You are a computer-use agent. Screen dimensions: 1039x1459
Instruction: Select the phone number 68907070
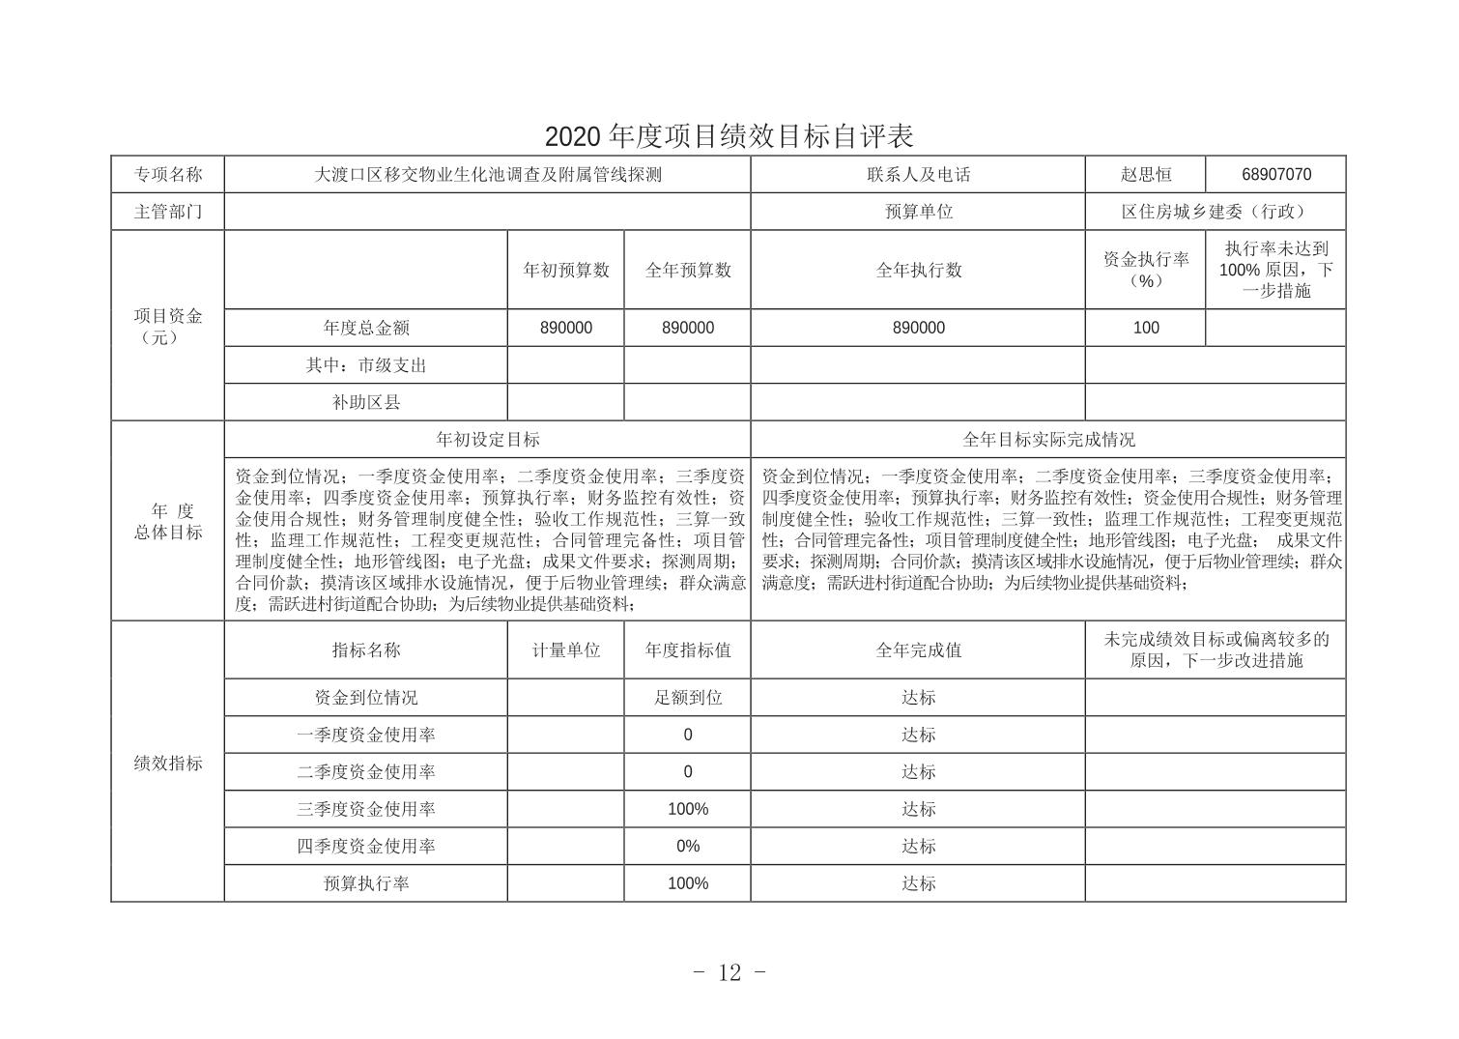coord(1275,175)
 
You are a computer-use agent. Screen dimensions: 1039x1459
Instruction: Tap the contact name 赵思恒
coord(1145,175)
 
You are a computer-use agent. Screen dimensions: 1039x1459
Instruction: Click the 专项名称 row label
coord(168,175)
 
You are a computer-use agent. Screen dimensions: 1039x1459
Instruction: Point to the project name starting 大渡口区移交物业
coord(488,175)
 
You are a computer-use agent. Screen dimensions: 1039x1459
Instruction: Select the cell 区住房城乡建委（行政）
coord(1215,212)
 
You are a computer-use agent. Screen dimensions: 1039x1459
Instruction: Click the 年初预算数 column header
coord(566,270)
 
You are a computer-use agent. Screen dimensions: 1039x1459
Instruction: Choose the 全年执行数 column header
coord(918,270)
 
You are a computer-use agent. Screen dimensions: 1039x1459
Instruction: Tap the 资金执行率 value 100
coord(1145,328)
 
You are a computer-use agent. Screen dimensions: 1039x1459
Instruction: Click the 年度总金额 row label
coord(366,328)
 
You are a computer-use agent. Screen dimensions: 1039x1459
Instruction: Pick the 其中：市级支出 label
coord(366,365)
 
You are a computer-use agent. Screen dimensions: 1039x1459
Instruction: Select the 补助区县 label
coord(366,402)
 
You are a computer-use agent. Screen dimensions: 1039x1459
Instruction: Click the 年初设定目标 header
coord(488,440)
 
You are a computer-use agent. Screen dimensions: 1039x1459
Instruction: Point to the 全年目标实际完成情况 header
coord(1047,440)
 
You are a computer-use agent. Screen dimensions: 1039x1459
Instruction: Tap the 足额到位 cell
coord(687,697)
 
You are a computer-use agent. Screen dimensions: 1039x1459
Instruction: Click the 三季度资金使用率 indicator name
coord(366,809)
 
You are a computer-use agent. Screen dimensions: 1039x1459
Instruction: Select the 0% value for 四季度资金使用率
coord(687,846)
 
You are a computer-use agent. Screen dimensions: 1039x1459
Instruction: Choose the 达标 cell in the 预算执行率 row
coord(918,883)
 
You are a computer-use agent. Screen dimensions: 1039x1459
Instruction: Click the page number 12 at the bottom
coord(729,972)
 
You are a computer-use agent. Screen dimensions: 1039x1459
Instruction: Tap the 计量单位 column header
coord(566,650)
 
